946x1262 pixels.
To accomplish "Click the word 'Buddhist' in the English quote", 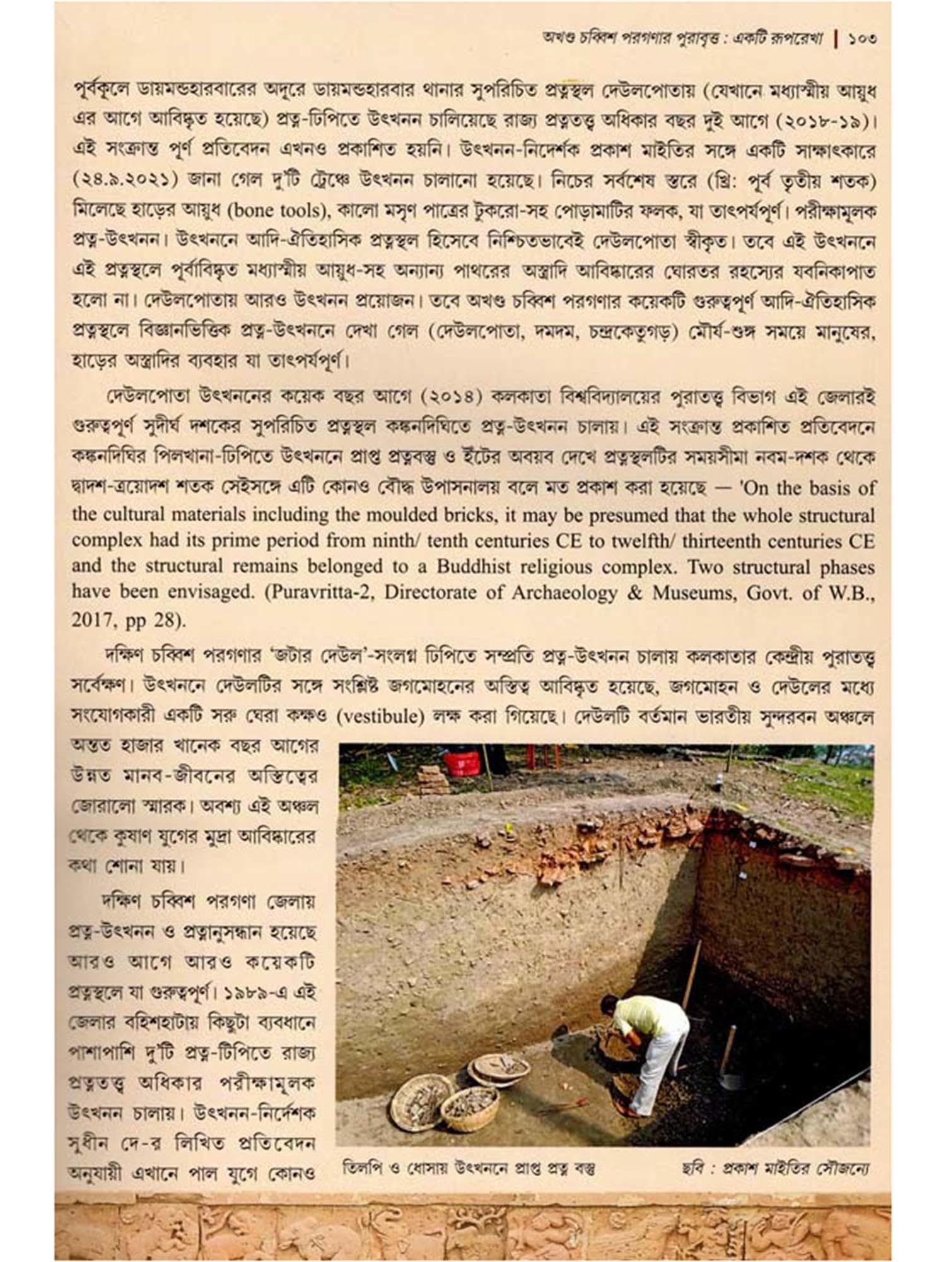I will coord(472,566).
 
